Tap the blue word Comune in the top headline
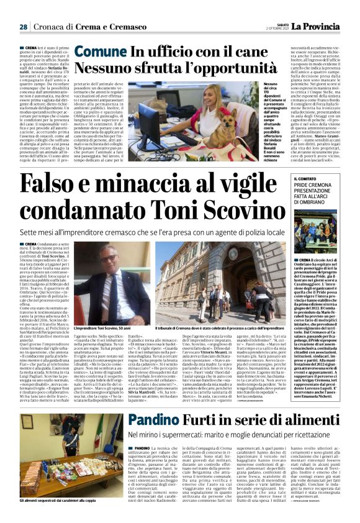pos(101,52)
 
